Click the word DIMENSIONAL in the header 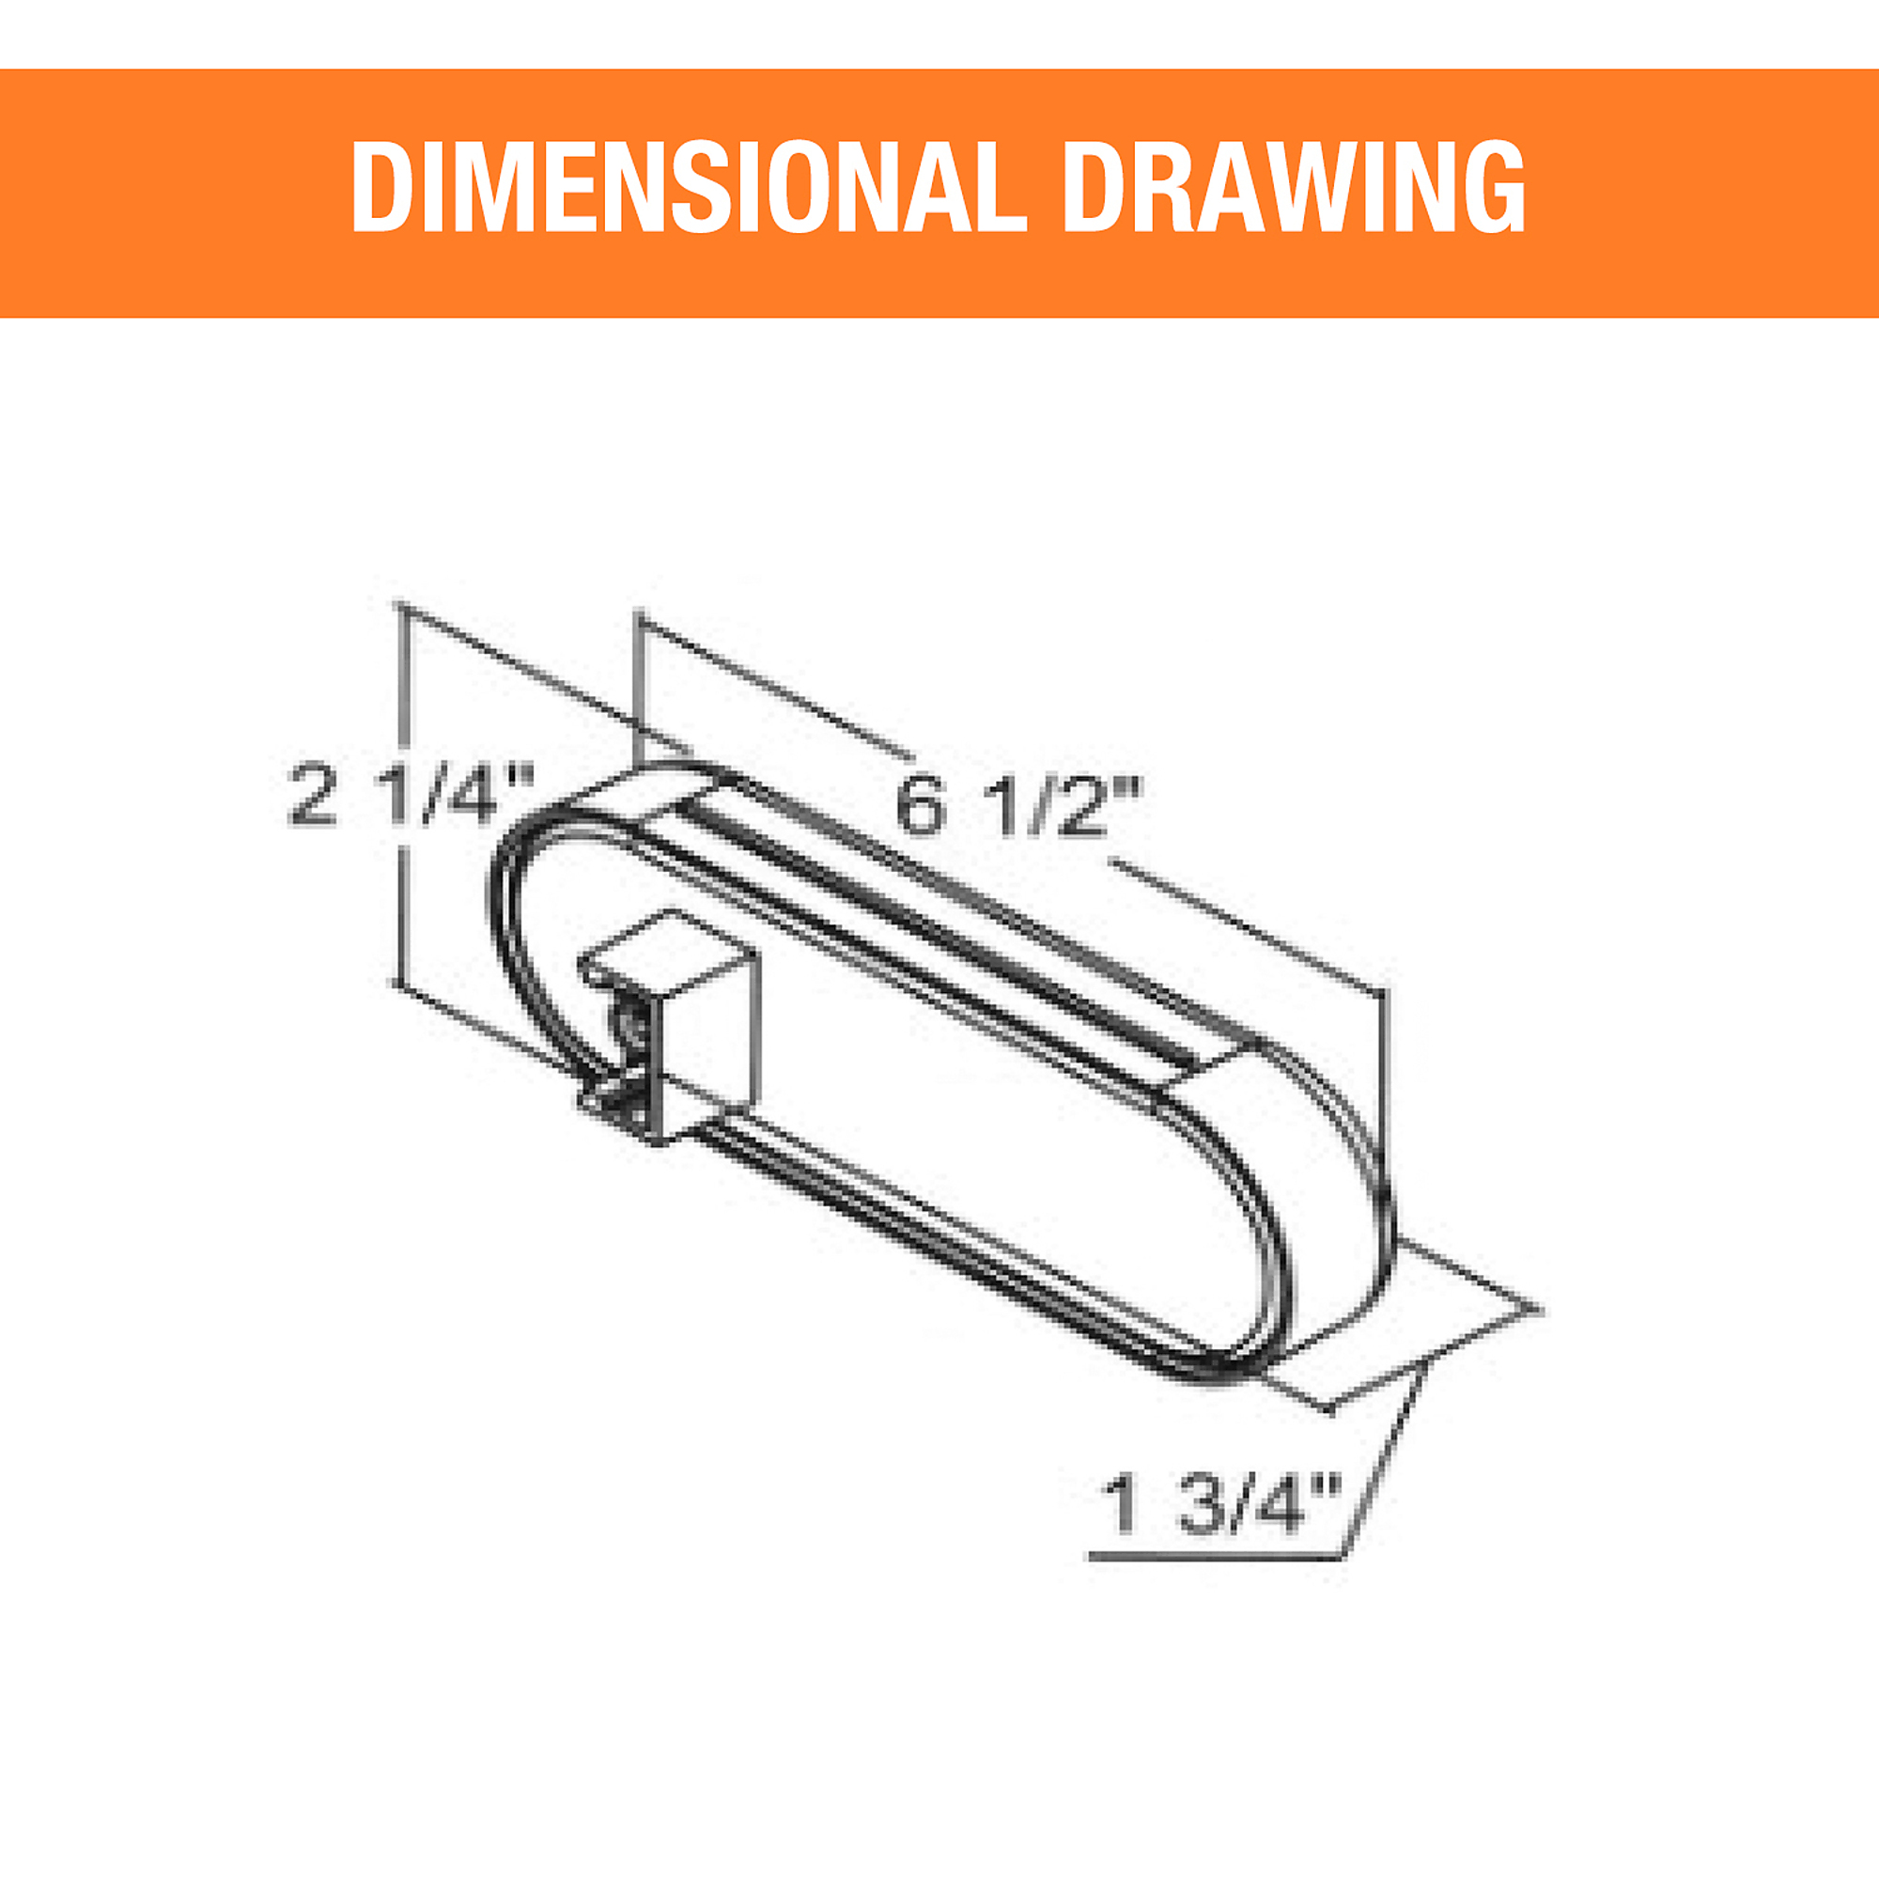pos(689,187)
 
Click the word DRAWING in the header pos(1296,187)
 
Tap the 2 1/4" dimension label pos(412,795)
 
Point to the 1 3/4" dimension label pos(1221,1504)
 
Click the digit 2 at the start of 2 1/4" pos(313,796)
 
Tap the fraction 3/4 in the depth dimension pos(1238,1504)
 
